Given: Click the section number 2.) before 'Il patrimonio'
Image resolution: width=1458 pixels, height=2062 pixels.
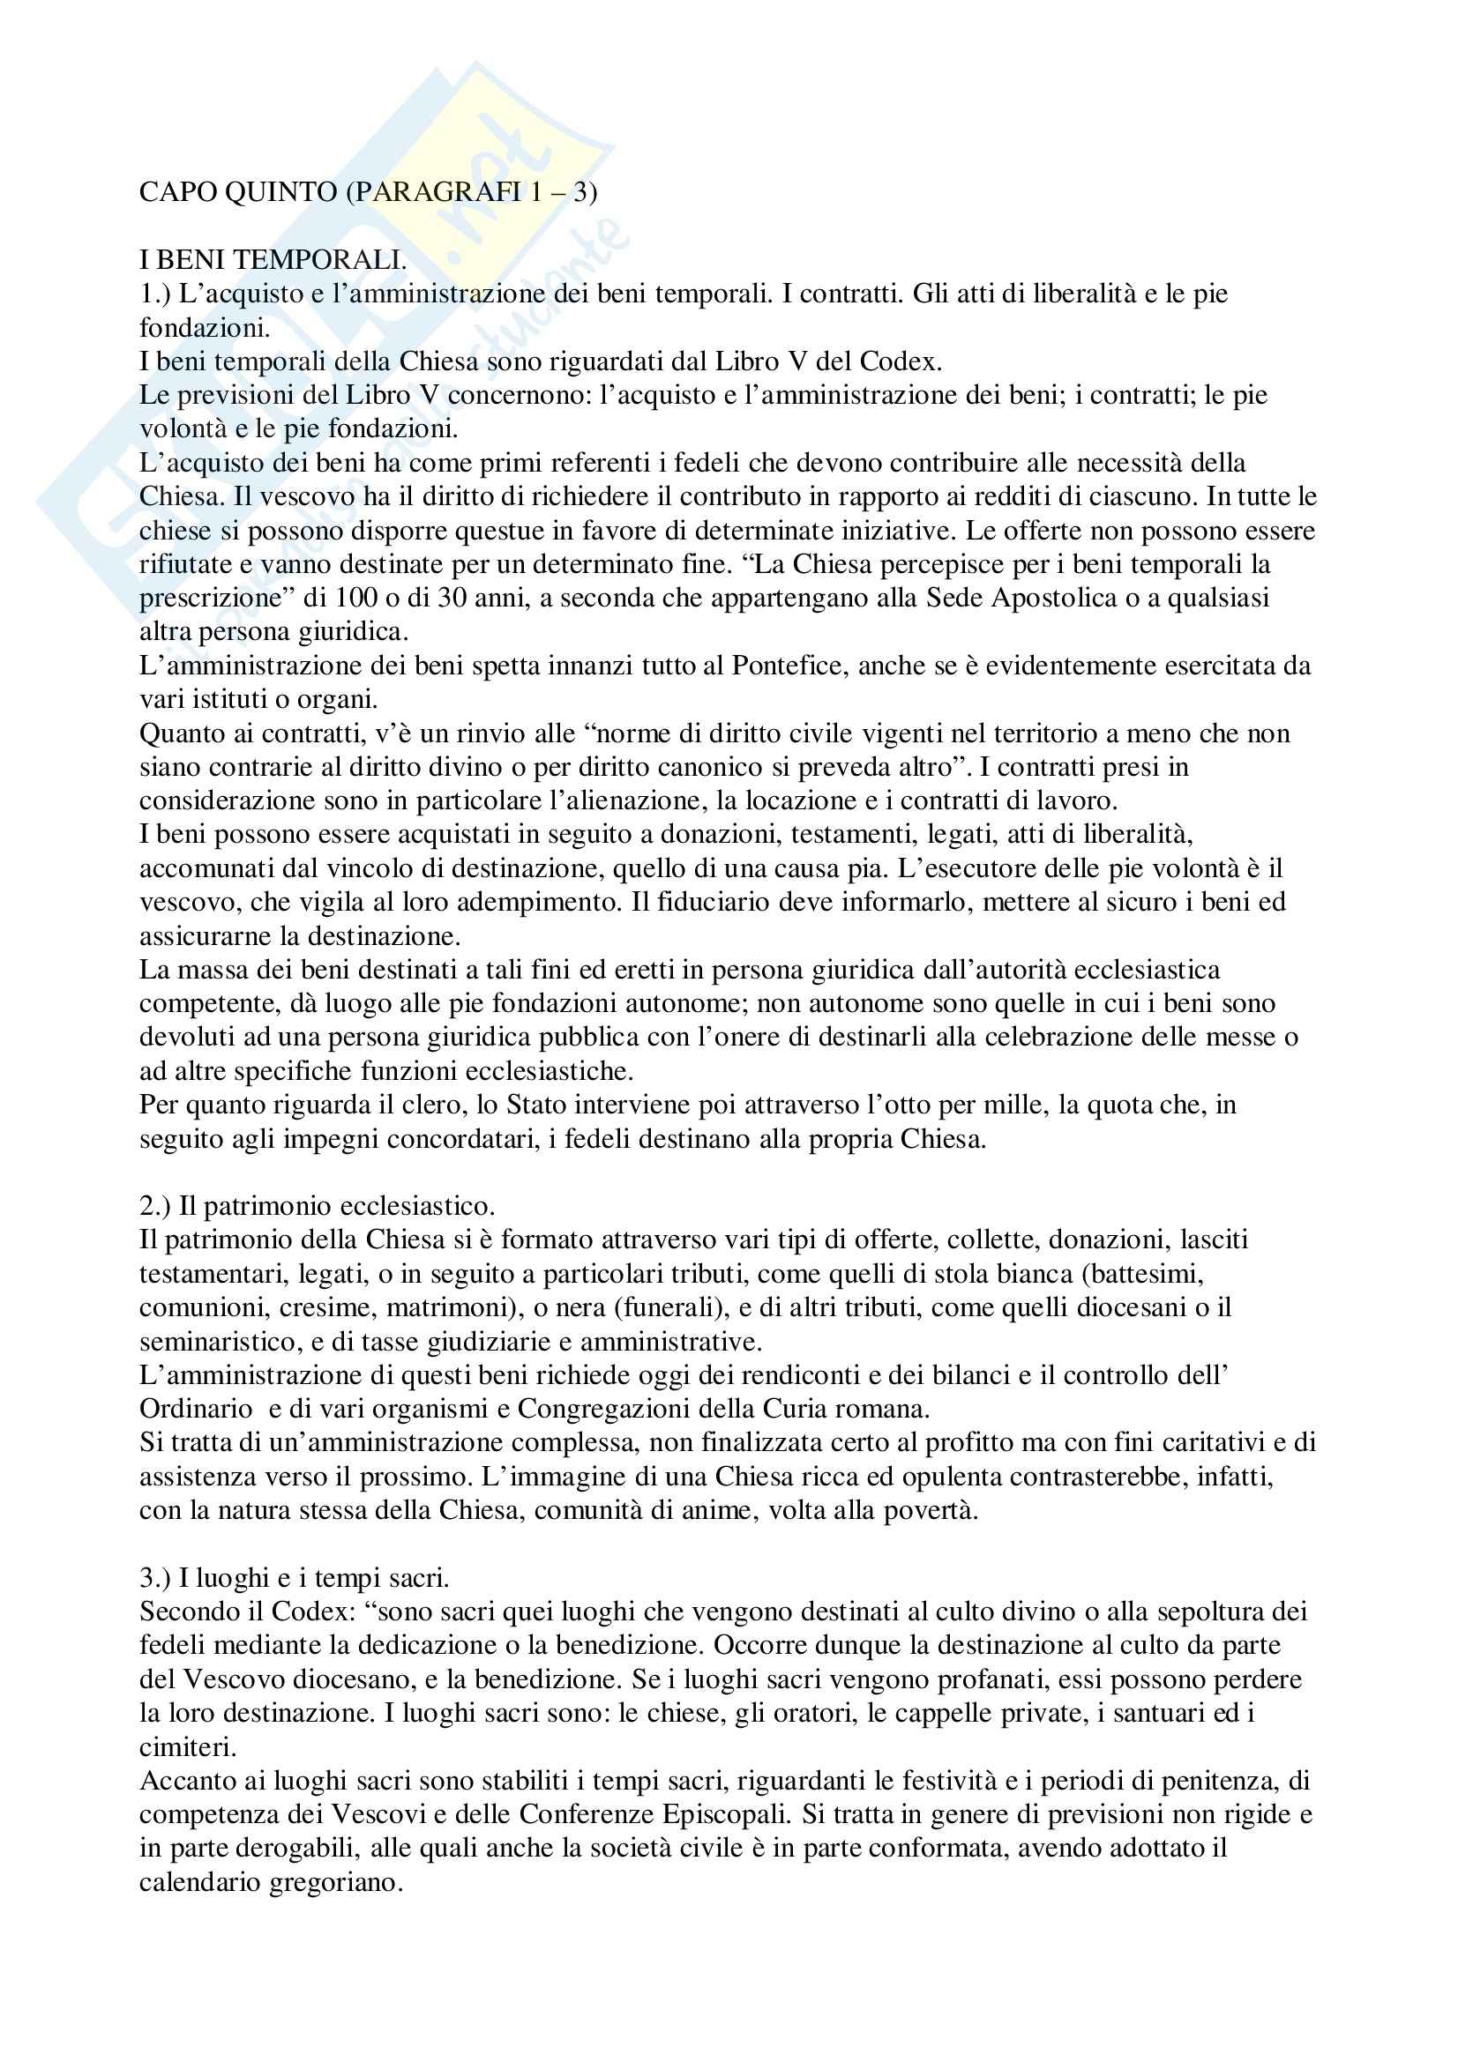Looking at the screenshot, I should tap(154, 1206).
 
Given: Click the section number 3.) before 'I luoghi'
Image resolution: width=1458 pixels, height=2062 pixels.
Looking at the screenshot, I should tap(154, 1578).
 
